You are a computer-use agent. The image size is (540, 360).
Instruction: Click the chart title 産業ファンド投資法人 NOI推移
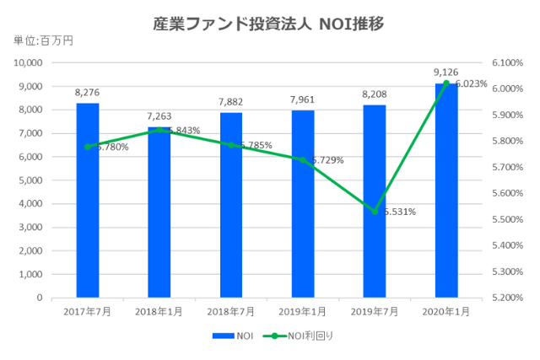click(x=269, y=23)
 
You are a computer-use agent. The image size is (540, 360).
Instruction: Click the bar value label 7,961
click(x=302, y=101)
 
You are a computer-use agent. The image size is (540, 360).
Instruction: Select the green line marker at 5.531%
click(x=375, y=212)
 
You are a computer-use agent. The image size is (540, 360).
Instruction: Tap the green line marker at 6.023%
click(x=446, y=83)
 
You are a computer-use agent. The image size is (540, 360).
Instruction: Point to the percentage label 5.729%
click(x=326, y=160)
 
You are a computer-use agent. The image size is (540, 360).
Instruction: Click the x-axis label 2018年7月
click(x=230, y=312)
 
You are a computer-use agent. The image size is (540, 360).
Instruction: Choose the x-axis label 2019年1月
click(x=302, y=312)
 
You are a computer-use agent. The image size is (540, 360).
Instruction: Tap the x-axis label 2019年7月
click(x=375, y=312)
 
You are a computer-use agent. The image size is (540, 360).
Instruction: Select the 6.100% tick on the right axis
click(x=505, y=62)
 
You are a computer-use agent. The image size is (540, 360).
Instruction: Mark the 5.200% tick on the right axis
click(x=505, y=298)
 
